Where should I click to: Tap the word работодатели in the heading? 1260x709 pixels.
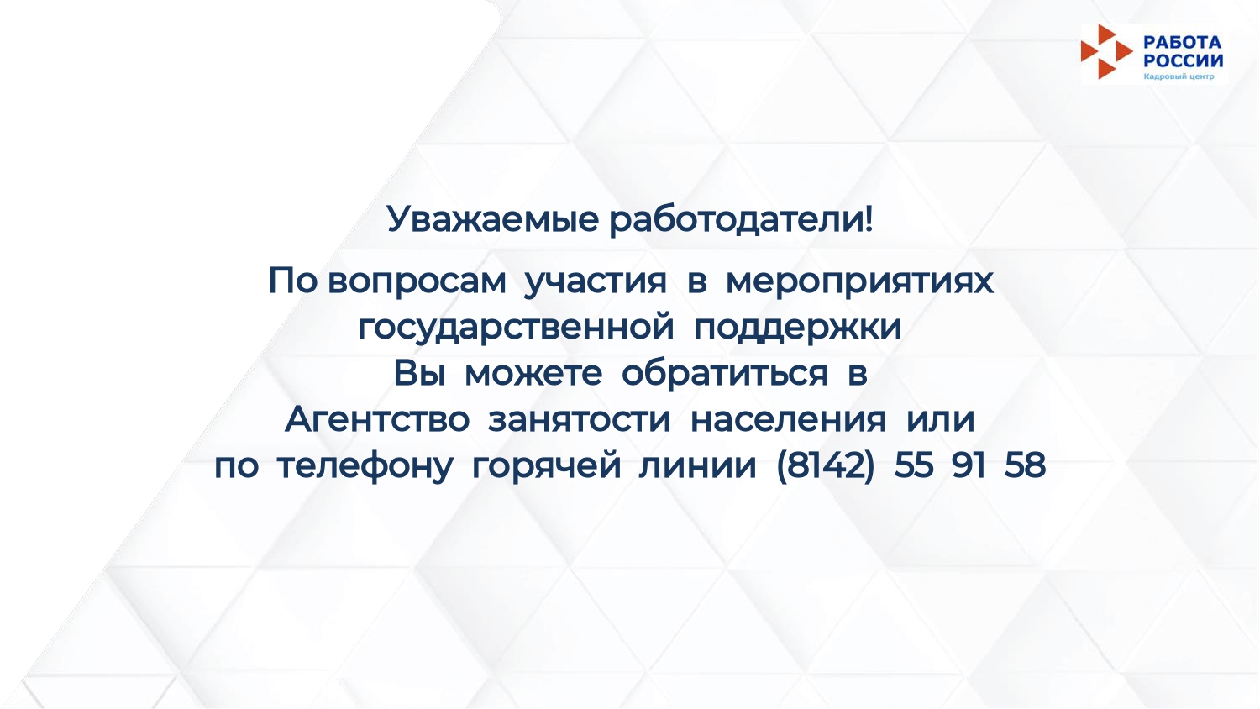(x=737, y=220)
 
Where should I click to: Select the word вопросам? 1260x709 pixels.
(x=417, y=281)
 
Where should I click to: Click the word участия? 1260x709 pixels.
(x=595, y=281)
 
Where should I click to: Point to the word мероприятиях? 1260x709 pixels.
(x=859, y=281)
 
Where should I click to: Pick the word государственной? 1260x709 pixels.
(x=516, y=328)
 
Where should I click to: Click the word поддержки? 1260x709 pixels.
(x=798, y=328)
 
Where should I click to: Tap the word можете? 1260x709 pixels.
(x=533, y=374)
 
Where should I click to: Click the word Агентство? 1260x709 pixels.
(x=377, y=419)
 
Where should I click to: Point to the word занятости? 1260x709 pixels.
(x=579, y=420)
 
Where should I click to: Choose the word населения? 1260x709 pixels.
(x=788, y=420)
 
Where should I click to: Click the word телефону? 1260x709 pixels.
(x=365, y=466)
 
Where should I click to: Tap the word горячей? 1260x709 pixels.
(x=546, y=466)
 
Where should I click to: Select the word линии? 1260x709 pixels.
(x=697, y=466)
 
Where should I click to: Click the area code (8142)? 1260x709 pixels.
(x=825, y=466)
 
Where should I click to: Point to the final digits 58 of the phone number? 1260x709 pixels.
(x=1024, y=465)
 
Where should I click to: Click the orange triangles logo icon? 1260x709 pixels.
(x=1106, y=52)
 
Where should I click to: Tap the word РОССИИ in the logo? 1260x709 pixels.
(x=1183, y=60)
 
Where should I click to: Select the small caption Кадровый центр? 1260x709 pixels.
(x=1179, y=76)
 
